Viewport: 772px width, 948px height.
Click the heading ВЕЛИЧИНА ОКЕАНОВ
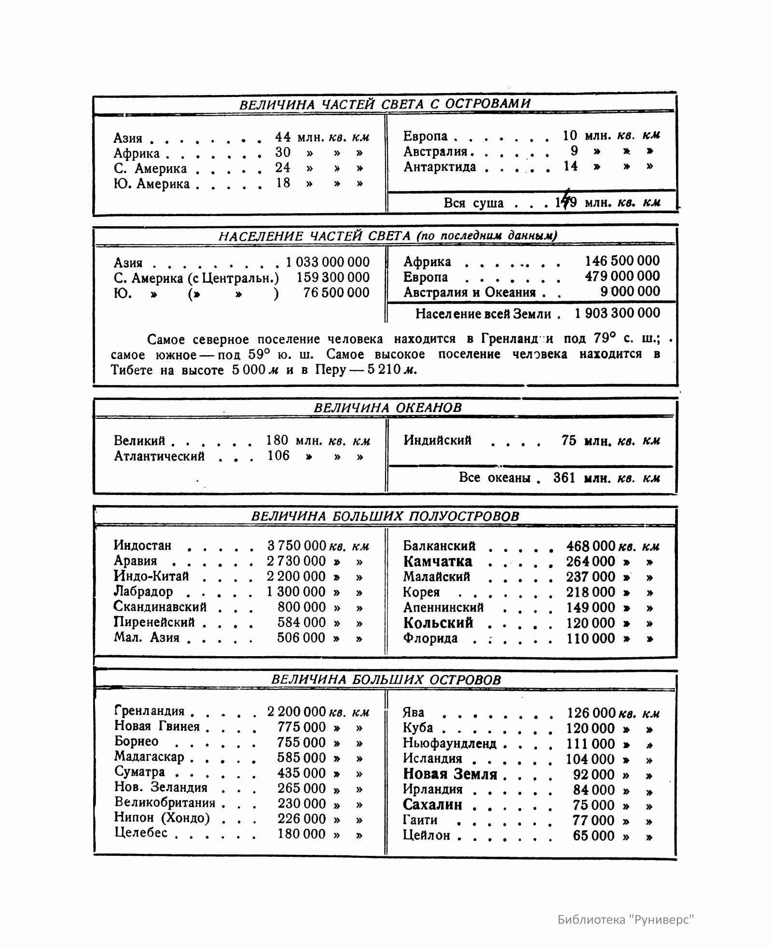coord(387,408)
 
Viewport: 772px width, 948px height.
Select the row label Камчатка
coord(438,562)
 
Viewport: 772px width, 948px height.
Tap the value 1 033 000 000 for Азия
coord(328,262)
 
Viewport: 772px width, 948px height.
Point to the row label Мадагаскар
coord(149,757)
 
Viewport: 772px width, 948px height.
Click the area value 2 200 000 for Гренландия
coord(297,712)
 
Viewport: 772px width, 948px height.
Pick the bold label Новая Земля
coord(450,774)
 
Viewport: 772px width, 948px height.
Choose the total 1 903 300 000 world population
coord(617,313)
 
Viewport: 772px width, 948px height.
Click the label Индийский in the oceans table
coord(438,440)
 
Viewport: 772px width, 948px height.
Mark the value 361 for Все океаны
coord(565,478)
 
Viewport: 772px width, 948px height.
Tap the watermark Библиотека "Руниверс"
coord(626,919)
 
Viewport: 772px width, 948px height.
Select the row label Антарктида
coord(440,167)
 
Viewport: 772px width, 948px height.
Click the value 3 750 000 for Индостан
coord(297,546)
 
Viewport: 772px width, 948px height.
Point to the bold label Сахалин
coord(432,805)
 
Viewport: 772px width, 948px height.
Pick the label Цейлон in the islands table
coord(427,836)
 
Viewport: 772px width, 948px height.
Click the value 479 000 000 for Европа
coord(622,276)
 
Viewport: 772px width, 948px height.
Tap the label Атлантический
coord(159,456)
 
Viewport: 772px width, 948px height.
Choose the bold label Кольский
coord(438,623)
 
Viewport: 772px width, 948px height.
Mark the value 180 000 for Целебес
coord(302,834)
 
